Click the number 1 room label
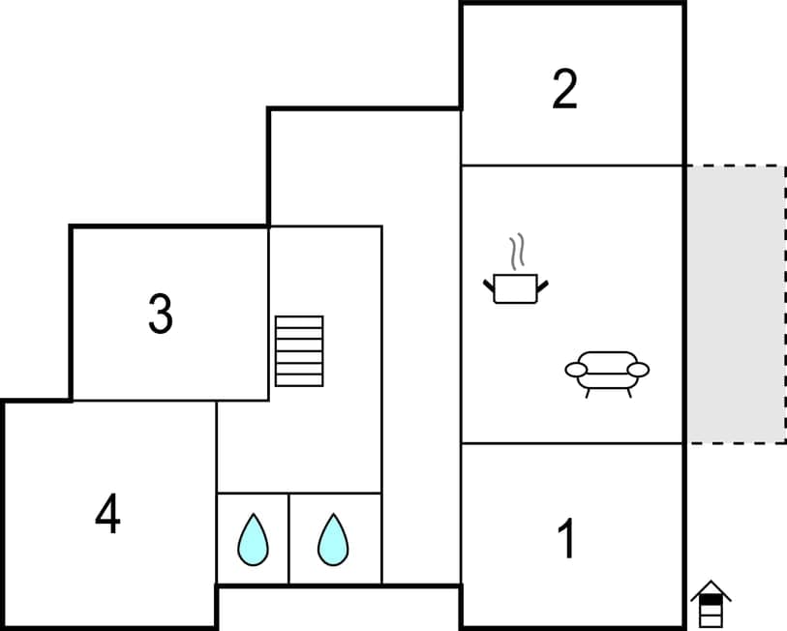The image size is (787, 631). click(x=567, y=539)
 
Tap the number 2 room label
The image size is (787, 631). click(x=564, y=89)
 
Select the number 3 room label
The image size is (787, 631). click(x=161, y=314)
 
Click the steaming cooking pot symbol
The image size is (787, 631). click(x=515, y=286)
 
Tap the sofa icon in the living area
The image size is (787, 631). click(x=607, y=371)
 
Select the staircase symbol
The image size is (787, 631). click(x=299, y=350)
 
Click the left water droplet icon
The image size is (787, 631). click(x=253, y=539)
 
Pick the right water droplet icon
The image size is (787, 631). click(x=333, y=539)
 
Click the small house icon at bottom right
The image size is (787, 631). click(x=711, y=606)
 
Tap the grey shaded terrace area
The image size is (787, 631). click(x=736, y=304)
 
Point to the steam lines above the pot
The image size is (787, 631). click(x=519, y=250)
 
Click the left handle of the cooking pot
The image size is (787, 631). click(x=489, y=284)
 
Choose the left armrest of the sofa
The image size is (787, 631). click(x=576, y=369)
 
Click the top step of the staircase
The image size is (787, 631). click(x=299, y=321)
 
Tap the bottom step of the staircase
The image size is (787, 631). click(x=299, y=379)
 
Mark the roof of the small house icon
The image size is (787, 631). click(x=711, y=588)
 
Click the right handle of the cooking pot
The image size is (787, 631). click(x=542, y=284)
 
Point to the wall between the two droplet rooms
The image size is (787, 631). click(x=288, y=538)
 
